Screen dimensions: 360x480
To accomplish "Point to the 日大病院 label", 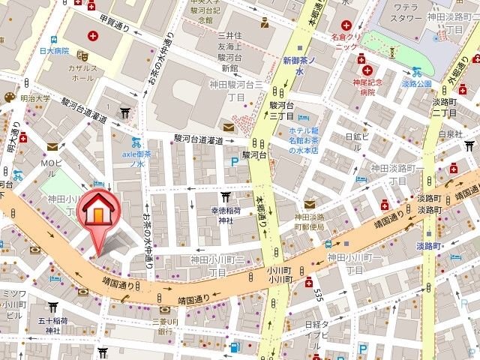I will click(x=55, y=50).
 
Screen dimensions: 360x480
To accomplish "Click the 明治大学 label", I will click(x=34, y=97).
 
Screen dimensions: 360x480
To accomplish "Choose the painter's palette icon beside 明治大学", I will click(x=10, y=97).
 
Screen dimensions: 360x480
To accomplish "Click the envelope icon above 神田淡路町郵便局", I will click(x=309, y=205).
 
